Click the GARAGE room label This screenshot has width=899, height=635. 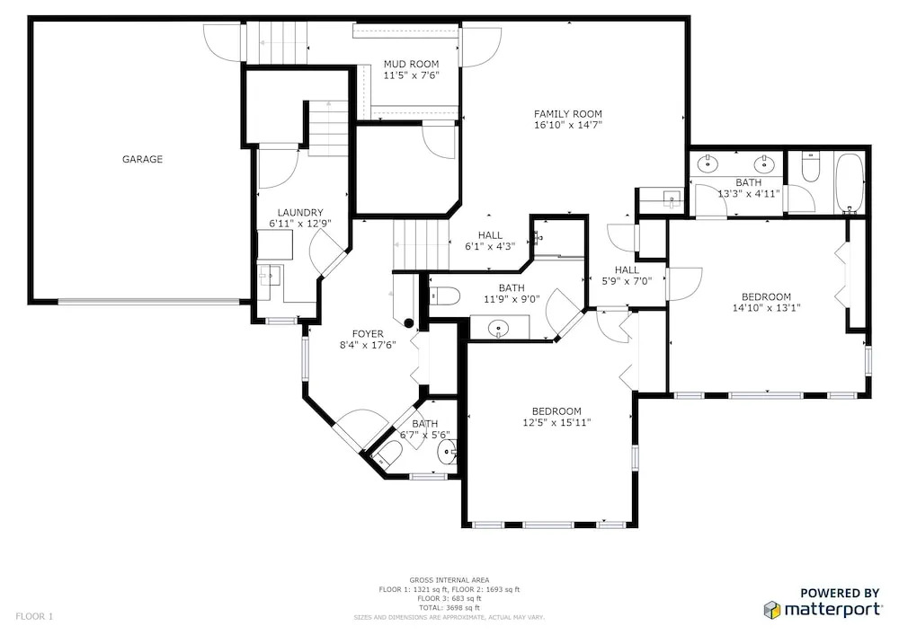[142, 159]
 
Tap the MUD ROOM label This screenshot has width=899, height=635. [411, 64]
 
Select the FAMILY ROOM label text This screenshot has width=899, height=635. [567, 114]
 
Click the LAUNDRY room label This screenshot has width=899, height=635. [300, 213]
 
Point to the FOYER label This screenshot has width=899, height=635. [368, 334]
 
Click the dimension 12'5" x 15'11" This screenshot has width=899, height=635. [556, 422]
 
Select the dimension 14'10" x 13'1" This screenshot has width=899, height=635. [767, 307]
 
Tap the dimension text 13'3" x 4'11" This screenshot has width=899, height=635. [749, 193]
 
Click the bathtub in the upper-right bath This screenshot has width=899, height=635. [850, 182]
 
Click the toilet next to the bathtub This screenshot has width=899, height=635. [810, 167]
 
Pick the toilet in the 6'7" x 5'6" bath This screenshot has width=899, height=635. [387, 454]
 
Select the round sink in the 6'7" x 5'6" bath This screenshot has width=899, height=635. [446, 454]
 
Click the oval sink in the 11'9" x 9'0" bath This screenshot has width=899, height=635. [499, 329]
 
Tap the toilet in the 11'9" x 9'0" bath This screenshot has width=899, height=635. [445, 295]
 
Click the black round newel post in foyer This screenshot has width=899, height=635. [409, 323]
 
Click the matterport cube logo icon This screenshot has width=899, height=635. [771, 610]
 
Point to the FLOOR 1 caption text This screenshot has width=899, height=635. [34, 617]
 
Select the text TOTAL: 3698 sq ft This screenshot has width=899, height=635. [449, 607]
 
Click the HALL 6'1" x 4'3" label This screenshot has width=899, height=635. [490, 241]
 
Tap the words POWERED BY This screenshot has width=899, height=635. [840, 593]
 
